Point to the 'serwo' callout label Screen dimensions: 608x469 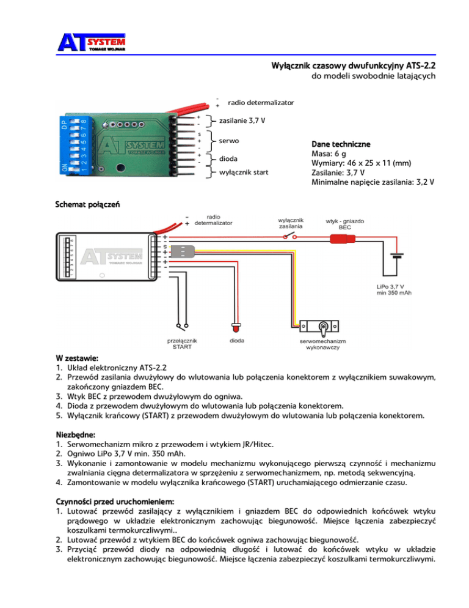229,141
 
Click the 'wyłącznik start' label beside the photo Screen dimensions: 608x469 244,172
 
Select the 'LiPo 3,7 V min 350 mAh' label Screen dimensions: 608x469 393,289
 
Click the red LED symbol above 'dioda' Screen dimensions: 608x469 235,322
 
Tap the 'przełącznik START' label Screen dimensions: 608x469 181,343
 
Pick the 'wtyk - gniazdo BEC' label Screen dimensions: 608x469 346,224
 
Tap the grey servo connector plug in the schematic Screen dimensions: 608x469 186,251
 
